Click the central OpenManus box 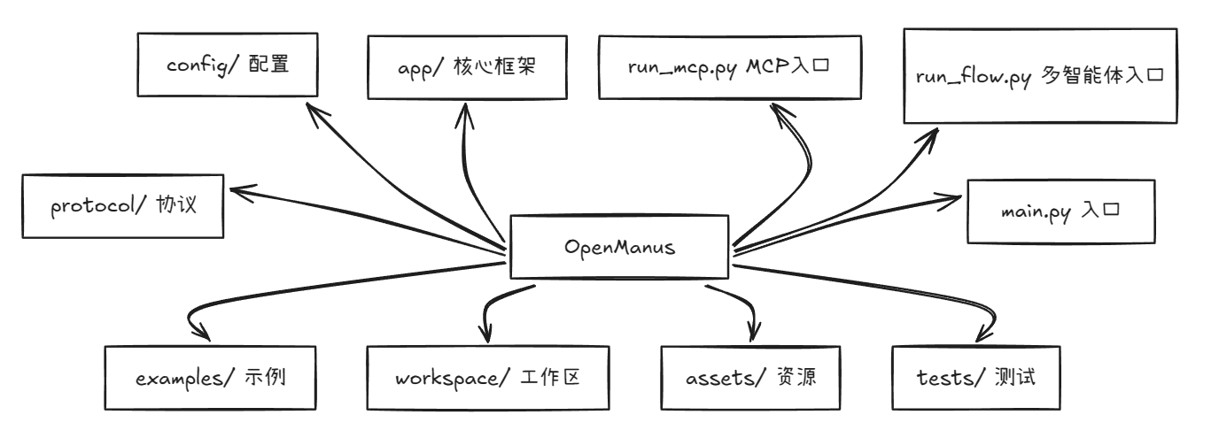coord(619,248)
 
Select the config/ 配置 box coord(228,65)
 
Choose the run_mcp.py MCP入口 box coord(729,67)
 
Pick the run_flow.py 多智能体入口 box coord(1040,76)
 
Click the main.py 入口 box coord(1062,213)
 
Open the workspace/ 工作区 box coord(488,378)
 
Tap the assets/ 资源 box coord(749,378)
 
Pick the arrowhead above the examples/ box coord(204,334)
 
